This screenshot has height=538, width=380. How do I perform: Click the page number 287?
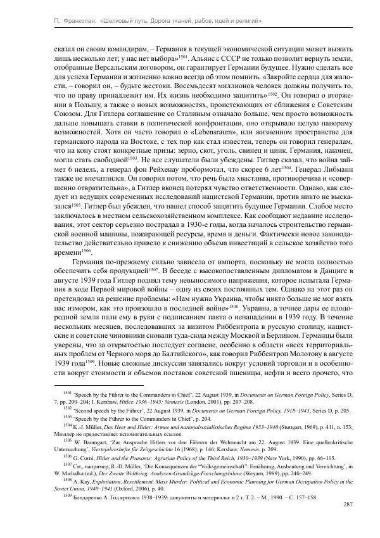coord(347,505)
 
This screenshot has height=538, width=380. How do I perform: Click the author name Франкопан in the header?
coord(68,22)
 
